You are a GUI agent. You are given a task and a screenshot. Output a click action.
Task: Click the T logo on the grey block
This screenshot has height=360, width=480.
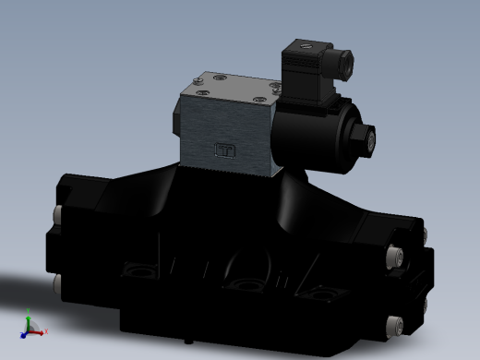click(x=224, y=151)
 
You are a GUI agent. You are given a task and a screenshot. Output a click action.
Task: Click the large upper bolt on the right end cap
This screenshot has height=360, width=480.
click(x=398, y=254)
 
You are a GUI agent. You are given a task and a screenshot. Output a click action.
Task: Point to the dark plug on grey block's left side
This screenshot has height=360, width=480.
click(x=176, y=120)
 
